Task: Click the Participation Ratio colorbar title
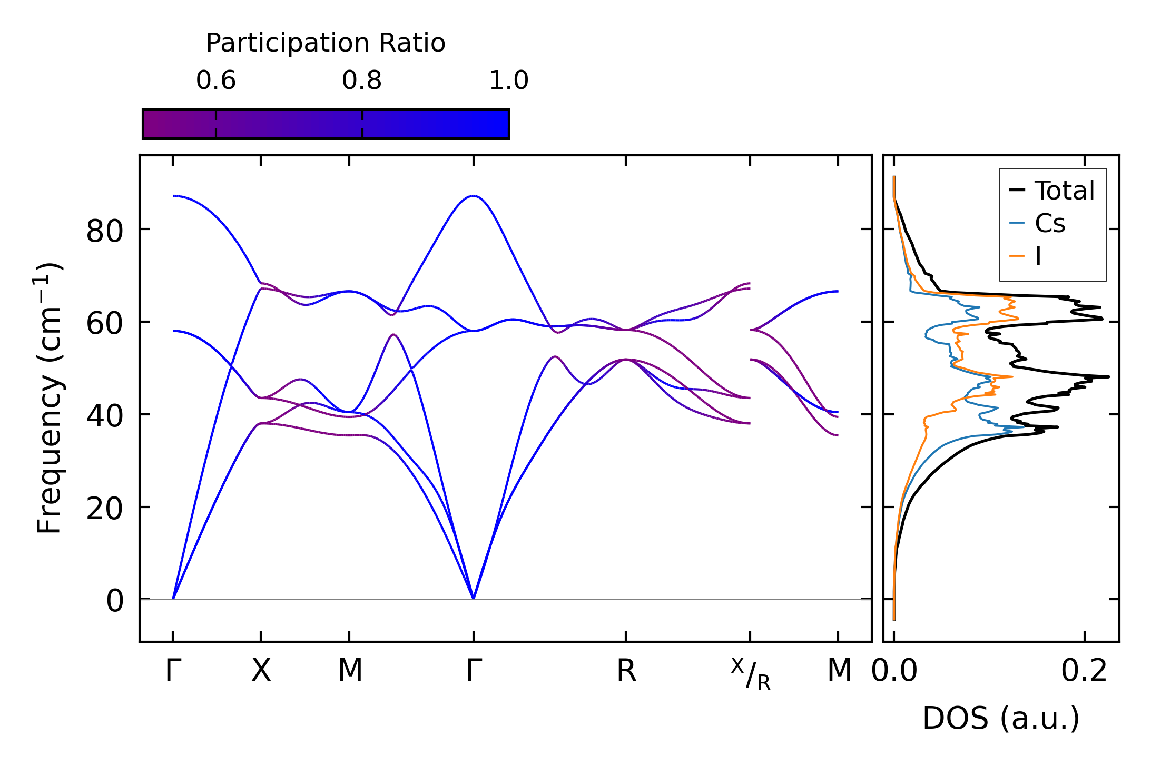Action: [x=326, y=43]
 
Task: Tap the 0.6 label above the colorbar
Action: [x=216, y=81]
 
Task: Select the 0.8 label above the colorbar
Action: [x=362, y=81]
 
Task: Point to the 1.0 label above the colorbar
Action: [x=508, y=81]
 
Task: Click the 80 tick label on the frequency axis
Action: [x=105, y=231]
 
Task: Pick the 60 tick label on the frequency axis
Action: [x=105, y=324]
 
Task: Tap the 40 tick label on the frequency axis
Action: [x=105, y=416]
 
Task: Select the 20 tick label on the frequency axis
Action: [x=105, y=509]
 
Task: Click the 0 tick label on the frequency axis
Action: [x=115, y=601]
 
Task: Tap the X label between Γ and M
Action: [x=261, y=671]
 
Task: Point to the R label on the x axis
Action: [x=626, y=671]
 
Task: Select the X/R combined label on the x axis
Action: [x=751, y=674]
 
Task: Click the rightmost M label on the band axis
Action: [x=839, y=671]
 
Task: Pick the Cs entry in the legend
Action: [x=1050, y=224]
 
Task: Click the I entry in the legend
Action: [x=1038, y=257]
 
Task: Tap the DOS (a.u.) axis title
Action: [x=1001, y=718]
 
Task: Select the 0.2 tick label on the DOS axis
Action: [x=1084, y=671]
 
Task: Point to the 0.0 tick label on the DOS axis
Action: [x=894, y=671]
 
